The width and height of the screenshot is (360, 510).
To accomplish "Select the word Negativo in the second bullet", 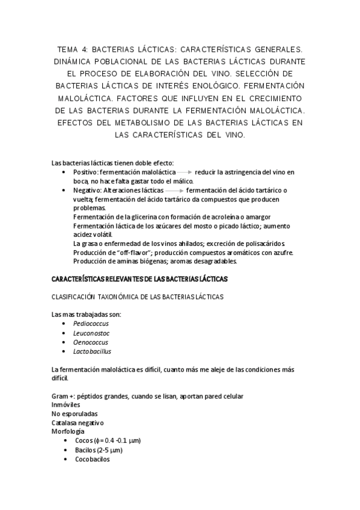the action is [87, 190].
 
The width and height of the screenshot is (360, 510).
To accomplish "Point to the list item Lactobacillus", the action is [93, 351].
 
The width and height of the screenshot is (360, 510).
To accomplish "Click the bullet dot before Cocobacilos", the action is [66, 459].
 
